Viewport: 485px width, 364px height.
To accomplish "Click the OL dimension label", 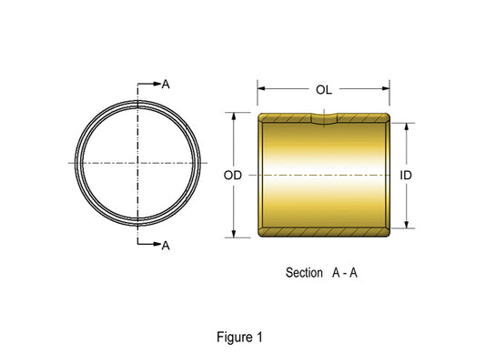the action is (324, 90).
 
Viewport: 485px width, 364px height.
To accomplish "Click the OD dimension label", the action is (233, 176).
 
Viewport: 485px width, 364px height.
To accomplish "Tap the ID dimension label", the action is (406, 176).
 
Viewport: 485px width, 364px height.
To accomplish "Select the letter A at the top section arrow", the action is (166, 84).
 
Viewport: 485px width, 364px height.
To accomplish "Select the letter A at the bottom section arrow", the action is (166, 246).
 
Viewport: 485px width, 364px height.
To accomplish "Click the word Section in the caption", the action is (304, 272).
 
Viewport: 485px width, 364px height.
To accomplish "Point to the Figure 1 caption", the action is (239, 337).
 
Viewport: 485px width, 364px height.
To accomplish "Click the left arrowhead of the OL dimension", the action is (261, 88).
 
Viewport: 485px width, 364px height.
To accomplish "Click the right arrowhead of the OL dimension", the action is (386, 88).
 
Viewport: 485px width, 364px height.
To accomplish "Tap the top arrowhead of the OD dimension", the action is (234, 116).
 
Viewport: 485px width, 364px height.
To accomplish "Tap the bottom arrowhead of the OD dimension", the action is (234, 234).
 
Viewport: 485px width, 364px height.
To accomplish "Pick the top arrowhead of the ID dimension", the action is (407, 126).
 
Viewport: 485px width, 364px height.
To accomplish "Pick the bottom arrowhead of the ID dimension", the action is (407, 225).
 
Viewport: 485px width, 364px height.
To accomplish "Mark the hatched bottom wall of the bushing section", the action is (324, 232).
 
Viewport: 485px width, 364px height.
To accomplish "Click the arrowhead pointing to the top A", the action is (157, 84).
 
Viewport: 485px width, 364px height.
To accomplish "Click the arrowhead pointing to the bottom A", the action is (157, 244).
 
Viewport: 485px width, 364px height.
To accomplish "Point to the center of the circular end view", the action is (137, 163).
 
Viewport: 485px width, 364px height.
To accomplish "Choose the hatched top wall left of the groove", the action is (285, 117).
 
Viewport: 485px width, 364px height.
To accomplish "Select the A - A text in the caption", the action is (345, 272).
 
